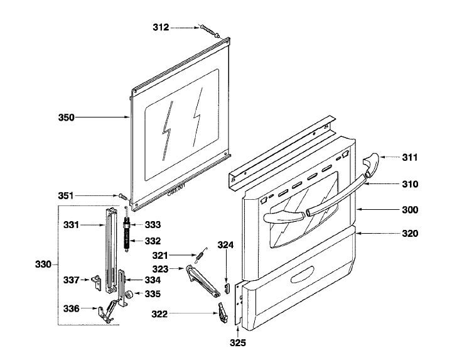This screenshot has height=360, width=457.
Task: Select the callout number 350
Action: pos(67,117)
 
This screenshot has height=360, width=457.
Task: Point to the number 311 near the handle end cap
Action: pos(410,156)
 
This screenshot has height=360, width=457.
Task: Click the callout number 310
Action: pos(410,185)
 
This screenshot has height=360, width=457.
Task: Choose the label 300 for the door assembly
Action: pos(410,209)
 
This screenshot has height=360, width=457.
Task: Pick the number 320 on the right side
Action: pos(410,234)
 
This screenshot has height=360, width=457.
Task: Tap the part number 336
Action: pos(72,308)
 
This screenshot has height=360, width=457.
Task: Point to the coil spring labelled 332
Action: pos(128,239)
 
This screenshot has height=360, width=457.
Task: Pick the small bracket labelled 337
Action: pos(97,283)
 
